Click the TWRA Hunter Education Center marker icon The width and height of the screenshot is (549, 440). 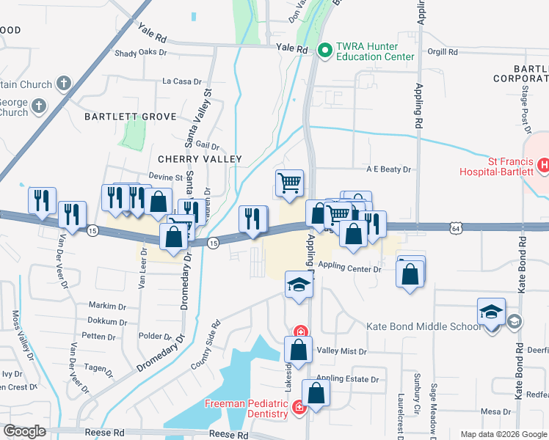pos(325,50)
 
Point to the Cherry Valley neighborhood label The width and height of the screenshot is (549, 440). pos(200,159)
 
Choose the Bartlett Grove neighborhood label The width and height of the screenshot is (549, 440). pos(130,117)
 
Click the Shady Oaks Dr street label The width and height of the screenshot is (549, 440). pos(141,52)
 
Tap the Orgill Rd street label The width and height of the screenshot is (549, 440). pos(443,52)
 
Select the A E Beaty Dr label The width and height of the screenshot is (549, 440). pos(389,169)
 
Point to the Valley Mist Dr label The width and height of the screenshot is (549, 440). pos(341,351)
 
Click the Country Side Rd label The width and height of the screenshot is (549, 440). pos(205,344)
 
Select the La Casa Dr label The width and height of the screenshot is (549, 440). pos(176,81)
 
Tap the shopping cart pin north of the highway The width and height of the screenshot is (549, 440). pos(289,183)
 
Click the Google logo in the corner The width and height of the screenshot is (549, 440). pos(23,432)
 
